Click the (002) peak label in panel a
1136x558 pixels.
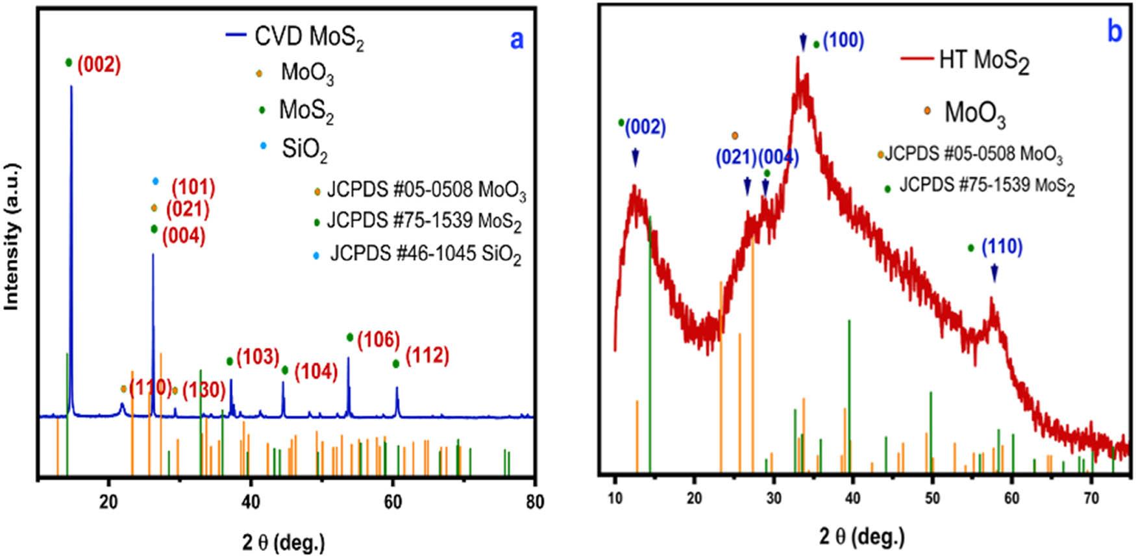(x=99, y=66)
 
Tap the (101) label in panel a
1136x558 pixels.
(x=193, y=188)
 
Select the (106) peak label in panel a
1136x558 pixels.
(x=378, y=339)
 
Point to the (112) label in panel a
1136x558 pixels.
(x=427, y=356)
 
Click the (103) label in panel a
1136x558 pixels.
(x=257, y=357)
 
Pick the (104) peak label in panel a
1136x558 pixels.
(x=316, y=372)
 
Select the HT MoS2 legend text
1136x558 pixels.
(x=984, y=62)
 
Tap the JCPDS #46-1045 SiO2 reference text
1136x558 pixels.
(x=425, y=253)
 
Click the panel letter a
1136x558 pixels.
(x=516, y=40)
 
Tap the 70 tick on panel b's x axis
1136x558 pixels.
(x=1092, y=499)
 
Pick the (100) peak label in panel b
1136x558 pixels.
(x=843, y=41)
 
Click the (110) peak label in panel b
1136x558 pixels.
(x=1002, y=247)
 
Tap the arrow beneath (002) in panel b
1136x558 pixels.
(x=636, y=158)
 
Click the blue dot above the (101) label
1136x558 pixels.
(x=154, y=181)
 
